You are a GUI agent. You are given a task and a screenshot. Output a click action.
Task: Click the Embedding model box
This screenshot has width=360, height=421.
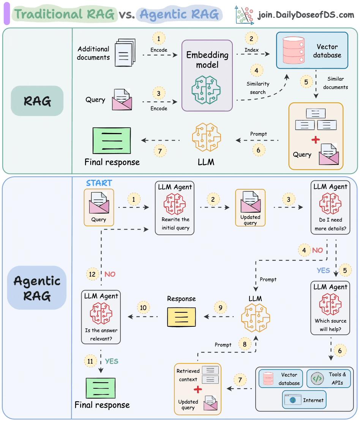tap(207, 75)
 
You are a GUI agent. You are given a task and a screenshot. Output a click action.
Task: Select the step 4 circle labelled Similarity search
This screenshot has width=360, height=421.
tap(257, 70)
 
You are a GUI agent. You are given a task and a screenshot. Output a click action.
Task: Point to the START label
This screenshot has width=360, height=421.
tap(99, 183)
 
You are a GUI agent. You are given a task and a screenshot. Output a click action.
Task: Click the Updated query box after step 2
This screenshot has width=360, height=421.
tap(250, 207)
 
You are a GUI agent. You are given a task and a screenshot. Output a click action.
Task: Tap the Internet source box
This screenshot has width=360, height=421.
tap(304, 400)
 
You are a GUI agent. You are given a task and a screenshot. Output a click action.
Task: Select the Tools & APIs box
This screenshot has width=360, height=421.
tap(329, 378)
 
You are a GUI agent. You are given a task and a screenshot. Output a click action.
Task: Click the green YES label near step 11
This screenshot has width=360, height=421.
tap(112, 361)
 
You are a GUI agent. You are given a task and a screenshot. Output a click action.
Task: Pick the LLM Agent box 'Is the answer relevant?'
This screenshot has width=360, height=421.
tap(101, 317)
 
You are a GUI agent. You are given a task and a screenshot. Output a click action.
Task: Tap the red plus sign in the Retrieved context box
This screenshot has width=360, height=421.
tap(197, 389)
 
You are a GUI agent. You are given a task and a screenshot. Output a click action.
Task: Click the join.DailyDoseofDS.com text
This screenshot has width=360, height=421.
tap(306, 15)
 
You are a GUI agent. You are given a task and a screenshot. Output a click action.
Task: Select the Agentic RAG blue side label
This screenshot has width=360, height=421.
tap(37, 288)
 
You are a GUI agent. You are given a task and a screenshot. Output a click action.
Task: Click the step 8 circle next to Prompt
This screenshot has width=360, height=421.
tap(245, 344)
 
